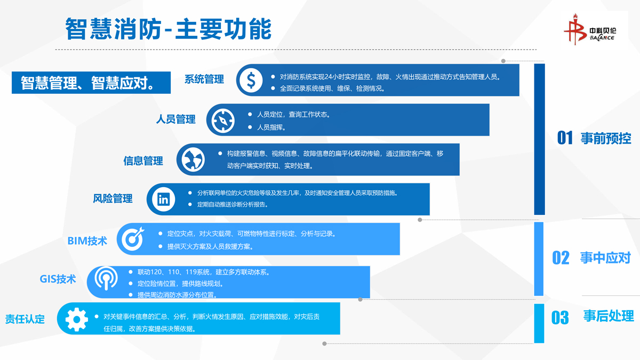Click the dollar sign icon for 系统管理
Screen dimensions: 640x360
coord(251,80)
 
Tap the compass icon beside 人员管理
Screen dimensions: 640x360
coord(223,121)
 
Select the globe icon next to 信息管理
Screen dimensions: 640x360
coord(193,159)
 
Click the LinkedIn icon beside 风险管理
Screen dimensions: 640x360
coord(163,199)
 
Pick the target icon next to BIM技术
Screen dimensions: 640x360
coord(133,238)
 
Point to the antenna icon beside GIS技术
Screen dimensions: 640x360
coord(106,278)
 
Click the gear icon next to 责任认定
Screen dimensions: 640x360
coord(77,319)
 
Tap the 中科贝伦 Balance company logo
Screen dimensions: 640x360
coord(590,29)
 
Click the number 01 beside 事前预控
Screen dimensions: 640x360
coord(565,138)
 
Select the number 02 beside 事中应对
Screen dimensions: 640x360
coord(561,258)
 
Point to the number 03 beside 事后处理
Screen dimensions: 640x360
coord(560,318)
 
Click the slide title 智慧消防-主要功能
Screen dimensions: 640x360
coord(169,29)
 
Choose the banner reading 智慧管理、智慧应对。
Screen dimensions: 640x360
coord(91,83)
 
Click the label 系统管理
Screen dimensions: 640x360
coord(204,79)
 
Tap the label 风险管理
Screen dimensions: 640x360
coord(113,198)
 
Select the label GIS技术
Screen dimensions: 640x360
coord(58,279)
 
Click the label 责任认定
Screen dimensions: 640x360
coord(25,319)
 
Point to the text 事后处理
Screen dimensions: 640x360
coord(609,316)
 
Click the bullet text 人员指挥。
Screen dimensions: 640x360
coord(271,127)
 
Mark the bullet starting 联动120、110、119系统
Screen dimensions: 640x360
coord(204,272)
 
